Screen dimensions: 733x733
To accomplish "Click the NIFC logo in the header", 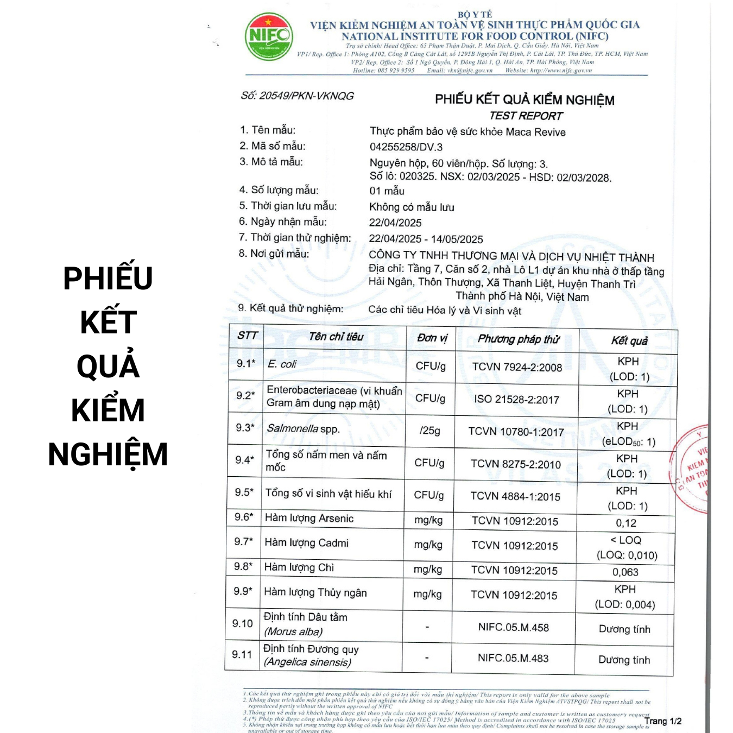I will [x=269, y=36].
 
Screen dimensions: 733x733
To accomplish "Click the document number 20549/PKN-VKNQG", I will [x=297, y=96].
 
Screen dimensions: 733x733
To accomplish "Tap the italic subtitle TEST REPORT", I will [x=526, y=116].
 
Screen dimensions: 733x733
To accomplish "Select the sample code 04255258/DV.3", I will [x=406, y=147].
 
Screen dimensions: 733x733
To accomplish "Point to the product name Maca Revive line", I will [x=467, y=132].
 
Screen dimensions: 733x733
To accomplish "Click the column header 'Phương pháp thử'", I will [x=518, y=339].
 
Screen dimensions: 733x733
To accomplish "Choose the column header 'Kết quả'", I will [x=629, y=341].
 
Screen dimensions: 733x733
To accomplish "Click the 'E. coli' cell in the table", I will [x=282, y=364].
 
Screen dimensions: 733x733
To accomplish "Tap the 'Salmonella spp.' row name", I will [x=303, y=429].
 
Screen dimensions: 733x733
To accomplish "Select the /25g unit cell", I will [x=429, y=431].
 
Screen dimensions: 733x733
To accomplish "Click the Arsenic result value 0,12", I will [x=625, y=523].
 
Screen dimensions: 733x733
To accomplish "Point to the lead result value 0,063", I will [x=625, y=572].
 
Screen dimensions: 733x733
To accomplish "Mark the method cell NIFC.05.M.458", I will [x=513, y=628].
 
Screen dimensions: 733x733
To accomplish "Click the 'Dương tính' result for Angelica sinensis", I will [x=624, y=660].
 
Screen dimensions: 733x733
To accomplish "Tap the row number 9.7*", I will [x=243, y=542].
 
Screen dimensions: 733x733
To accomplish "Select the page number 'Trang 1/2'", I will [x=662, y=721].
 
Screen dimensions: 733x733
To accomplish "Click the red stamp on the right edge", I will [x=692, y=470].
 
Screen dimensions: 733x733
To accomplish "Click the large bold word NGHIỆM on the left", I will [x=108, y=454].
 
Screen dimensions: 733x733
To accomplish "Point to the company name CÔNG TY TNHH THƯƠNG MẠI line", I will [x=511, y=256].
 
